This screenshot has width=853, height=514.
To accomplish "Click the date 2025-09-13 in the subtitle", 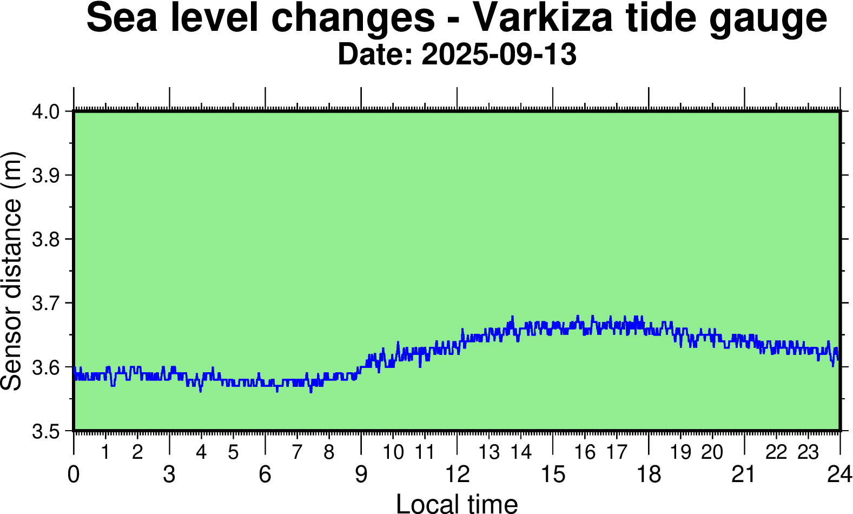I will (x=499, y=55).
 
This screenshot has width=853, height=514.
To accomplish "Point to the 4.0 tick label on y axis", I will (x=47, y=112).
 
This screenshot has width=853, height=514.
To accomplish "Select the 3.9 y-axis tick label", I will (x=47, y=176).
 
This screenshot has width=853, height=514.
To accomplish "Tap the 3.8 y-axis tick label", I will (x=47, y=240).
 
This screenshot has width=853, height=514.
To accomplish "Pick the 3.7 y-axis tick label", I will (x=47, y=304).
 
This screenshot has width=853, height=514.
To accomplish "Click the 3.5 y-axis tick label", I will (x=47, y=431).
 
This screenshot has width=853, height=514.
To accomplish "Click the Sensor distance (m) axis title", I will (x=11, y=271).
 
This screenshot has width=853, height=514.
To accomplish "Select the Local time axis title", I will (x=457, y=503).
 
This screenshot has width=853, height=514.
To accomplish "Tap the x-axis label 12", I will (x=457, y=475).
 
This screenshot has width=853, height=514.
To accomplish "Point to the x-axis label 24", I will (x=839, y=475).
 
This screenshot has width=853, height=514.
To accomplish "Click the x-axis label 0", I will (x=74, y=475).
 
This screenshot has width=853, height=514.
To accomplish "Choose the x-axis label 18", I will (x=649, y=475).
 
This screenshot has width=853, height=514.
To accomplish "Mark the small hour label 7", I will (x=297, y=452).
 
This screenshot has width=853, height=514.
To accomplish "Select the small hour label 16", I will (x=585, y=452).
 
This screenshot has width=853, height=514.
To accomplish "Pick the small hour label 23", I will (x=808, y=452).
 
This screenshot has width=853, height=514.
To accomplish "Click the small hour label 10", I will (x=393, y=452).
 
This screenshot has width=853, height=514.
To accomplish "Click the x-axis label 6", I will (x=265, y=475).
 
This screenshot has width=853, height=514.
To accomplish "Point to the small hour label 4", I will (x=201, y=452).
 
